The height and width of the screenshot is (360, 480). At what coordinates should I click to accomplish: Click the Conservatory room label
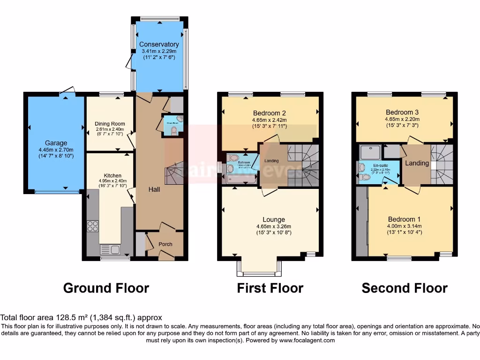(159, 45)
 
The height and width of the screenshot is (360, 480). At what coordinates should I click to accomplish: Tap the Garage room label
(56, 143)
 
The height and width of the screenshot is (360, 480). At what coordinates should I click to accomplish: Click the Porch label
(165, 244)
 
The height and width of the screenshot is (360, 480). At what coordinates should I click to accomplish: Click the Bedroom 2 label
(270, 113)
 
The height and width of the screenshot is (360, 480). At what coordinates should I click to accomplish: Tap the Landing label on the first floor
(271, 161)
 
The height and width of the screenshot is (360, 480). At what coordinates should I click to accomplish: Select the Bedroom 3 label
(402, 112)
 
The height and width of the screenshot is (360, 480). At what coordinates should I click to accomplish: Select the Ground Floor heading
(106, 288)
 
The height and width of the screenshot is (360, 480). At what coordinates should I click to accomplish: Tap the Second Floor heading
(405, 288)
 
